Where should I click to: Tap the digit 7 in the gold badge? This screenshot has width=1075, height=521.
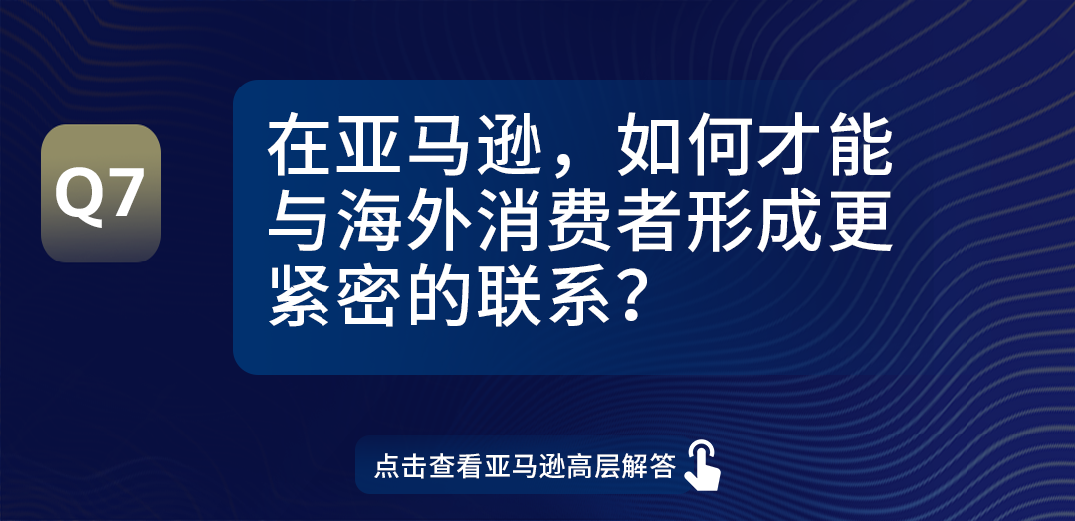click(x=125, y=194)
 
